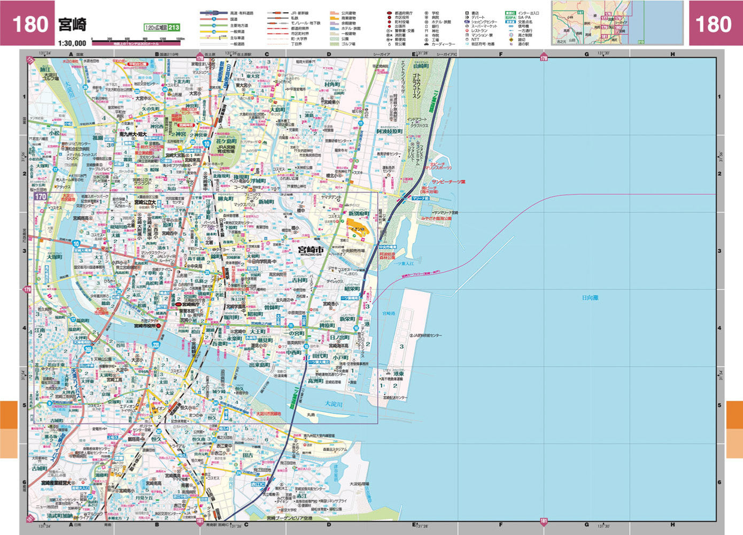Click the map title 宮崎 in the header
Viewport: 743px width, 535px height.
[72, 25]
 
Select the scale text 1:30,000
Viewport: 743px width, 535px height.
[72, 43]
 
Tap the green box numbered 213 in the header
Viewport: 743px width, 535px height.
[174, 28]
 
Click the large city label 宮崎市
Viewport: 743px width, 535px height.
[311, 250]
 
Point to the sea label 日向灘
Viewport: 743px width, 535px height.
[590, 297]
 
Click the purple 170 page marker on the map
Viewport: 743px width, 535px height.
[41, 197]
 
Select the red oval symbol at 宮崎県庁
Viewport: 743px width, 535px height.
[179, 304]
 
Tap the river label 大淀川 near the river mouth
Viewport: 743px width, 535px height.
[334, 404]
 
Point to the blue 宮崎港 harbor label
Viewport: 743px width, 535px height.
[389, 314]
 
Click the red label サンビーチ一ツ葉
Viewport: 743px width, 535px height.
[448, 182]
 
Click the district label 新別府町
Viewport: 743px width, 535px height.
[359, 213]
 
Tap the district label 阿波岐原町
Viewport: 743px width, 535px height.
[389, 132]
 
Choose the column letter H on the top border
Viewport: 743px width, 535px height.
[672, 54]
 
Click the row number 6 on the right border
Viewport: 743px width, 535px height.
[719, 482]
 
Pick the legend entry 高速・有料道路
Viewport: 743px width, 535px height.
[242, 13]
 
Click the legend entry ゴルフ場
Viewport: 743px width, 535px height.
[349, 44]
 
